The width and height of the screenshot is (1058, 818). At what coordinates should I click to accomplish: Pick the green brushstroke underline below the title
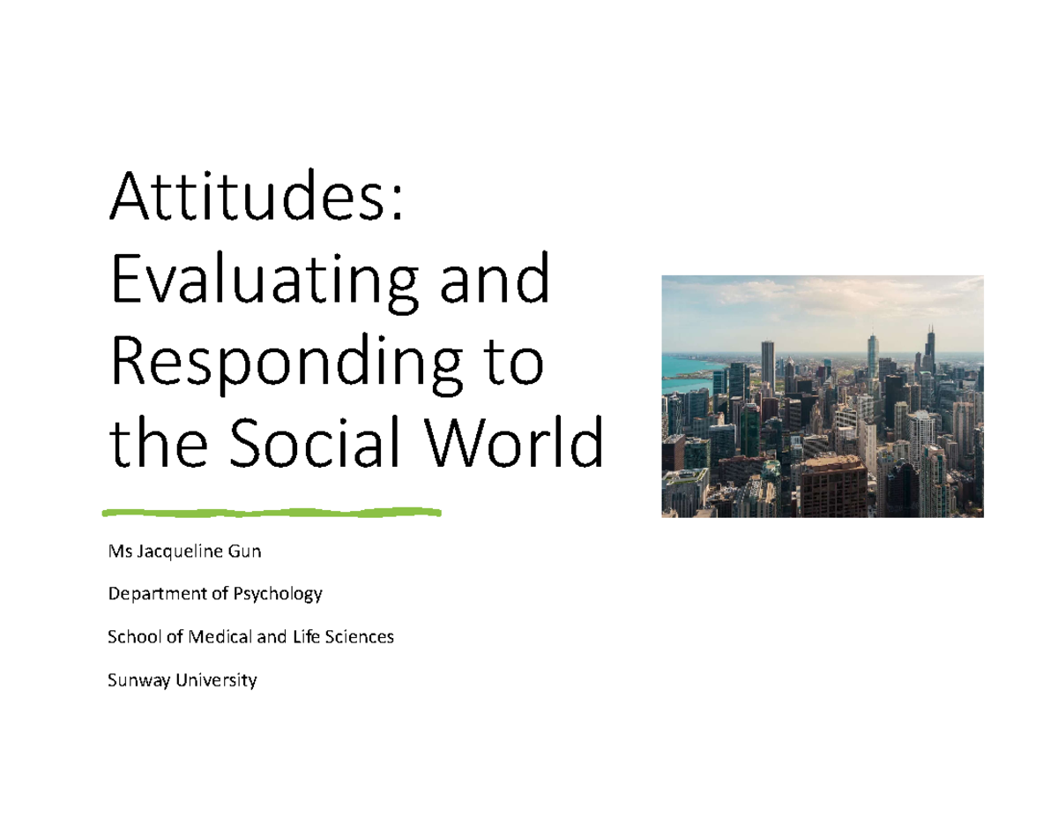point(272,512)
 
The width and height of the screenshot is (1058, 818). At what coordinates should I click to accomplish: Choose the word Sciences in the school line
point(361,636)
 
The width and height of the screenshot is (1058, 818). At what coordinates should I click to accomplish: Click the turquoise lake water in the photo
point(683,366)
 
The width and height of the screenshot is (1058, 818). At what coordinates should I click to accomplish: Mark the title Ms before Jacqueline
point(117,552)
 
